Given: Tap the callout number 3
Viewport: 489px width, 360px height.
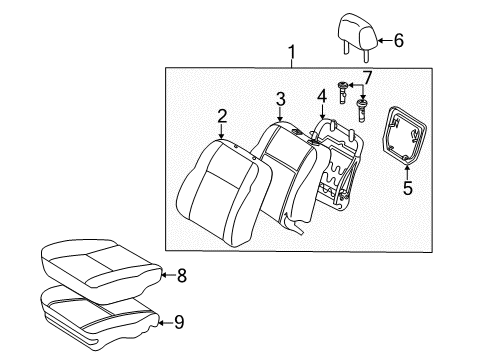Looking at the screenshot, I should tap(282, 97).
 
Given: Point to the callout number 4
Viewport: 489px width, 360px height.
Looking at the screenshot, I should tap(321, 98).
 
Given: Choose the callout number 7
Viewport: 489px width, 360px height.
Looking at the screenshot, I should tap(367, 78).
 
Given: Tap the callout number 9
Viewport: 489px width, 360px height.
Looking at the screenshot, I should tap(179, 322).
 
